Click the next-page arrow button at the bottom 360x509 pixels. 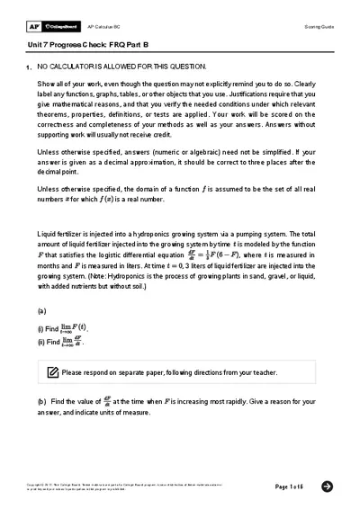[x=327, y=486]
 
